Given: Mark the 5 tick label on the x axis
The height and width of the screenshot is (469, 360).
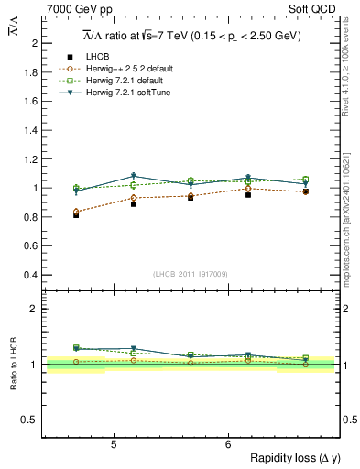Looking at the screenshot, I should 114,444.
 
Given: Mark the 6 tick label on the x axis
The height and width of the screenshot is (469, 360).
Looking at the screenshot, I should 228,444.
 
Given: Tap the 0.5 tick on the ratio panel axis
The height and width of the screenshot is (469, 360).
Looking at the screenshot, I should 30,420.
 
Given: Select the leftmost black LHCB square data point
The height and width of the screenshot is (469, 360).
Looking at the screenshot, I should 76,215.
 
